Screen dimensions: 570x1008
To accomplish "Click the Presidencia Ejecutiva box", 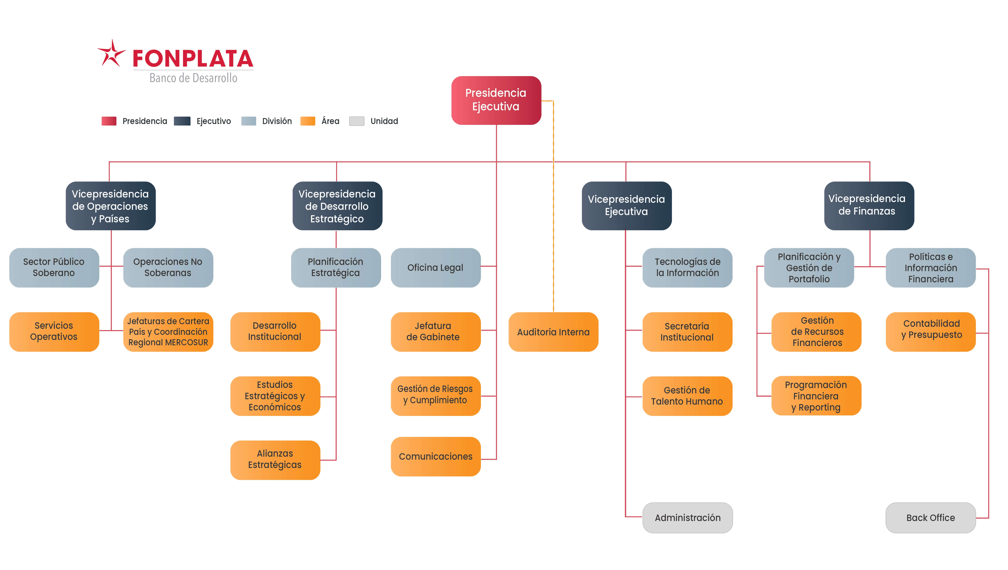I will click(x=496, y=100).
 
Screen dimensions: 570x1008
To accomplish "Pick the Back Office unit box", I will click(x=930, y=517).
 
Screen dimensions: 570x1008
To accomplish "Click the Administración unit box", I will click(x=687, y=517).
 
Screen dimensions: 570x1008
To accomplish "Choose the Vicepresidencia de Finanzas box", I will click(x=869, y=206).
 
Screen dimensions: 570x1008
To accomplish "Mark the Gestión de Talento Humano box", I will click(x=687, y=396).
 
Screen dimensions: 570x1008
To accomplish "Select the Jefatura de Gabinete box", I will click(x=435, y=332).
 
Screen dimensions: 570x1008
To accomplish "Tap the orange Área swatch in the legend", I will click(x=308, y=121).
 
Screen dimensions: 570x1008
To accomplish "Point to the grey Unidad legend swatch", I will click(x=357, y=121).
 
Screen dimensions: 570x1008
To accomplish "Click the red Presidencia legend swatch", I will click(x=109, y=121).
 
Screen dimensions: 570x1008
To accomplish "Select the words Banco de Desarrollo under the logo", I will click(x=193, y=78).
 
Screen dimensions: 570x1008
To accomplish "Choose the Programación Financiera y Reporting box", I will click(x=816, y=396).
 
